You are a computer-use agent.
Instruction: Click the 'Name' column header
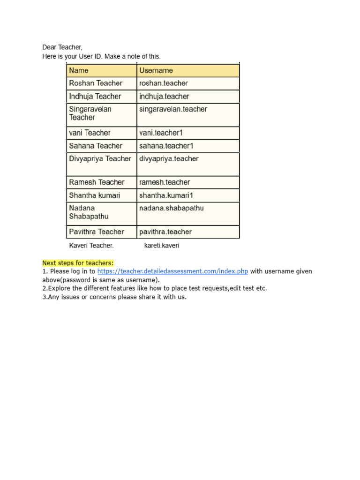(79, 71)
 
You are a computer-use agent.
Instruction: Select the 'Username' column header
(156, 71)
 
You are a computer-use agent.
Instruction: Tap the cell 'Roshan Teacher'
(96, 83)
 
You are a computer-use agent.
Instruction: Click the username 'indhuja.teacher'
(164, 97)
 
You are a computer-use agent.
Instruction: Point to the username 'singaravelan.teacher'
(173, 109)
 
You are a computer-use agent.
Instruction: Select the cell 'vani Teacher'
(90, 133)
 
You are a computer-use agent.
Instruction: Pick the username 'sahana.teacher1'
(166, 146)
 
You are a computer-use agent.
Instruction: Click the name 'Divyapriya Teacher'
(100, 159)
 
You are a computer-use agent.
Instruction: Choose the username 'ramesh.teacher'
(165, 182)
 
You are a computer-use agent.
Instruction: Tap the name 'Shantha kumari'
(95, 195)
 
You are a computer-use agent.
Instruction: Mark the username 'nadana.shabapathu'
(172, 208)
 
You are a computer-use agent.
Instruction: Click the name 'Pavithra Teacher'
(97, 232)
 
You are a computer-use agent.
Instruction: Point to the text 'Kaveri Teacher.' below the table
(91, 246)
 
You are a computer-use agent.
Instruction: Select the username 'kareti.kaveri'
(162, 246)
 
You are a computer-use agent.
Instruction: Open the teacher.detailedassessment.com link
(172, 271)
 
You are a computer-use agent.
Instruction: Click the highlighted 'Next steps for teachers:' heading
(78, 263)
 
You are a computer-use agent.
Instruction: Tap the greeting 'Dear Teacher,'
(62, 47)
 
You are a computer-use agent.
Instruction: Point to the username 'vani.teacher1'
(161, 133)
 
